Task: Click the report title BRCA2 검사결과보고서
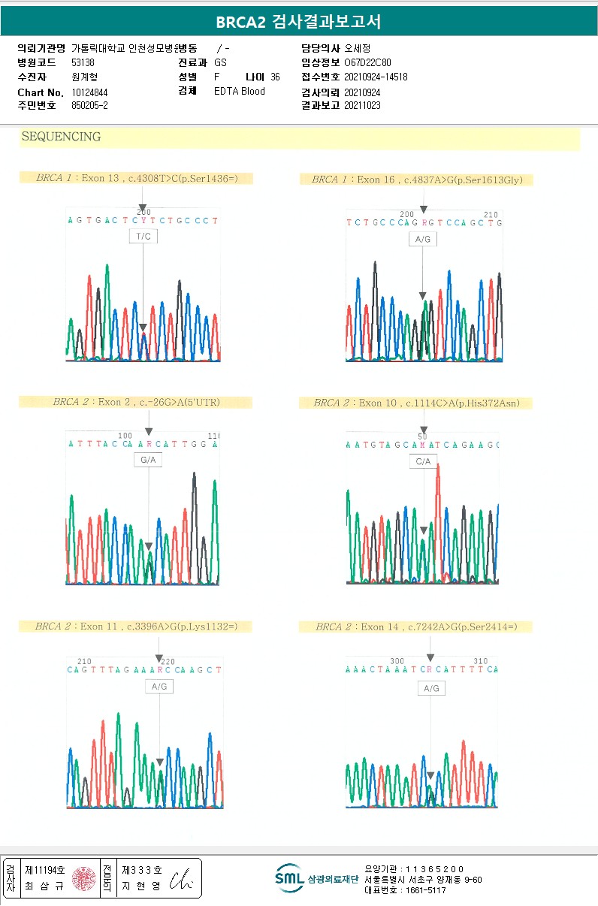(x=298, y=23)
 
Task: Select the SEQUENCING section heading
(x=62, y=137)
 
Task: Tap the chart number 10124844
(x=89, y=92)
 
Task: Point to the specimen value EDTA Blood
(x=240, y=92)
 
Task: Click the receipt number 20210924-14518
(x=376, y=77)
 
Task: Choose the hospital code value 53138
(x=83, y=63)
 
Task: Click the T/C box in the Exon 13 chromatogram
(x=143, y=237)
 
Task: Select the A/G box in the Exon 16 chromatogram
(x=423, y=240)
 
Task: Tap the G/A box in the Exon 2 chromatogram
(x=148, y=461)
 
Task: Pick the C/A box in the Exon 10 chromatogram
(x=424, y=461)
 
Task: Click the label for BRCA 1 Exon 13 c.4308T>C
(x=136, y=178)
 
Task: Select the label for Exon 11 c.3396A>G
(x=135, y=626)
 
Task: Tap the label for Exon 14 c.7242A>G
(x=415, y=627)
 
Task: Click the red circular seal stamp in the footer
(x=83, y=878)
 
